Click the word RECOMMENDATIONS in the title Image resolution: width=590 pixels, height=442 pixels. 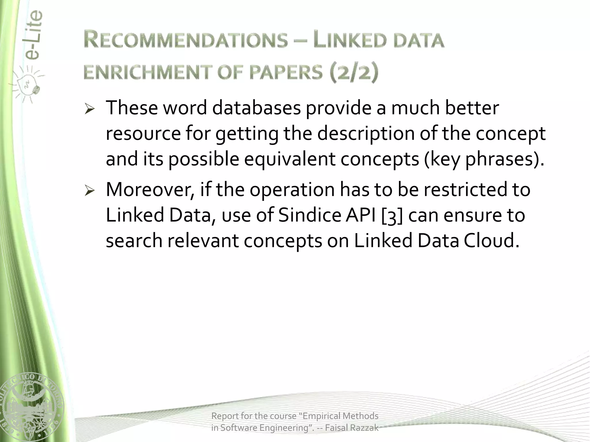click(x=186, y=40)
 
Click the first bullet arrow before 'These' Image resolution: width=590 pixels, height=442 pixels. click(x=90, y=110)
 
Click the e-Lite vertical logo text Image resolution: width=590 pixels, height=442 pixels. click(x=33, y=35)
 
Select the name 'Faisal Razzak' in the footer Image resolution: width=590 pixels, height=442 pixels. click(x=352, y=428)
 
